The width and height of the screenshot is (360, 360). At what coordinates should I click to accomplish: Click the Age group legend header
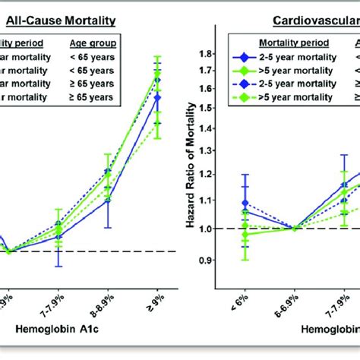tap(90, 43)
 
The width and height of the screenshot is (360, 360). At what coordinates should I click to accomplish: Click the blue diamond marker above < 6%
tap(244, 204)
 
